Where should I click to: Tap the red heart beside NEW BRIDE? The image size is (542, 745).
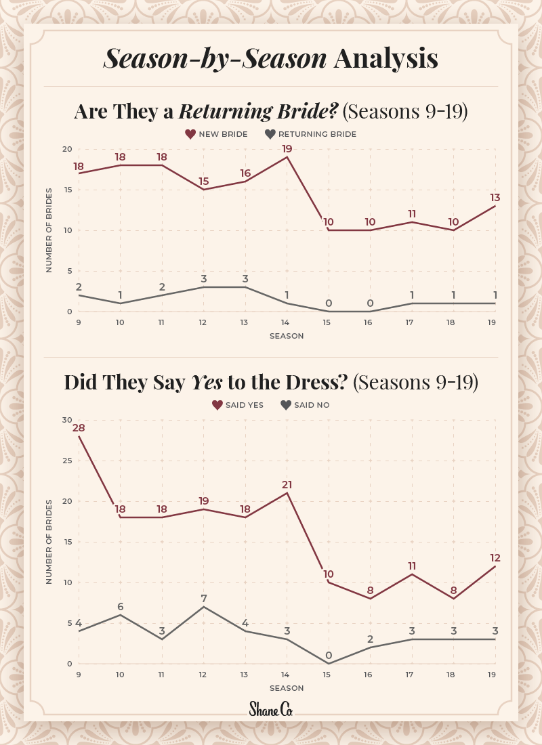pos(190,134)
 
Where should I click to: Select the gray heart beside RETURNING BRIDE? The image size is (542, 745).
pos(270,134)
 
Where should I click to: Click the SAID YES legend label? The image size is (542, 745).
pos(245,405)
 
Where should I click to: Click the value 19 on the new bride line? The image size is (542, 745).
pos(287,148)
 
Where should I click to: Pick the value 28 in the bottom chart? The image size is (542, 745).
pos(79,428)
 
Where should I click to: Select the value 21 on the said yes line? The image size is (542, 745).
pos(287,484)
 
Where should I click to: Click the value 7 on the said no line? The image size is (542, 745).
pos(203,598)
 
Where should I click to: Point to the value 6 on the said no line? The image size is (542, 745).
pos(121,606)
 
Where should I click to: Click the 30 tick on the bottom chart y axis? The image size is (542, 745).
pos(67,420)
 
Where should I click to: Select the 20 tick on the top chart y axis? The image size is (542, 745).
pos(67,149)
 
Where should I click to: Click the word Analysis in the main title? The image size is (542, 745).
pos(385,59)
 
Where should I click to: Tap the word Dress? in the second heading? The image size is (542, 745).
pos(318,382)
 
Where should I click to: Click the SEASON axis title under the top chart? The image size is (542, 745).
pos(287,336)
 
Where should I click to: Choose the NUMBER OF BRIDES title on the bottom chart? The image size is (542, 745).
pos(49,542)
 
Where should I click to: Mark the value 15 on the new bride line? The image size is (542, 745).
pos(203,182)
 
